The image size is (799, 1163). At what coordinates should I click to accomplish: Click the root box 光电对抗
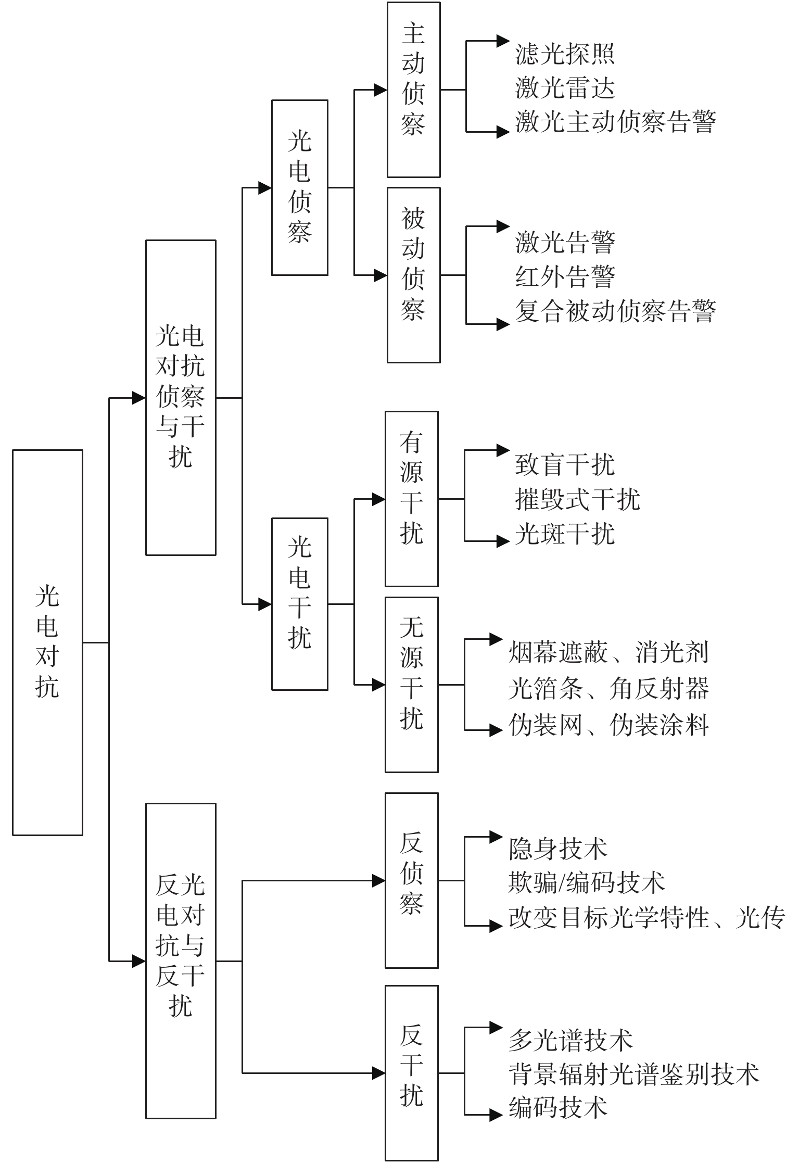(x=47, y=642)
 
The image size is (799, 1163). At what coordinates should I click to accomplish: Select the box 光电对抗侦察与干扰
(x=181, y=397)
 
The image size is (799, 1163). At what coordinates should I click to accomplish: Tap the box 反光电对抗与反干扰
(x=181, y=960)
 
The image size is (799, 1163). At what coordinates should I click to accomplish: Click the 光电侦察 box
(x=300, y=187)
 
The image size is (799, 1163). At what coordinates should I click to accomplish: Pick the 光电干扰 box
(x=300, y=604)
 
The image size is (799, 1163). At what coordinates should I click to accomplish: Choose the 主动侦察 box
(x=413, y=90)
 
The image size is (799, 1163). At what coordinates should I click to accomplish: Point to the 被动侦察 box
(x=413, y=275)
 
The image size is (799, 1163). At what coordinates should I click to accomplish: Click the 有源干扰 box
(x=411, y=499)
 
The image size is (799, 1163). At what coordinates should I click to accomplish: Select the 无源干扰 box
(x=411, y=685)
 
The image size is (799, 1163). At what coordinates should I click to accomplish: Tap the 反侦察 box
(x=411, y=880)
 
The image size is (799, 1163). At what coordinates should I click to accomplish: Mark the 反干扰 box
(x=411, y=1072)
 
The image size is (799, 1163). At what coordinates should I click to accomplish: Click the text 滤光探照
(x=565, y=54)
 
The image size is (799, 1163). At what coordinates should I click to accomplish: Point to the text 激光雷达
(x=565, y=88)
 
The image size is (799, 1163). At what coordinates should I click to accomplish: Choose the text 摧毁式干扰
(x=577, y=499)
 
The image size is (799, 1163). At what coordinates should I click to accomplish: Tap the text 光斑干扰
(x=565, y=534)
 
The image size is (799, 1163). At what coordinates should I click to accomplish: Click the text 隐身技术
(x=558, y=848)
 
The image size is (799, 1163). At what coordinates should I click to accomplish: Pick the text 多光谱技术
(x=570, y=1040)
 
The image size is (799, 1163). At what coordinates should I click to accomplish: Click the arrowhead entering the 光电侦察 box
(x=265, y=187)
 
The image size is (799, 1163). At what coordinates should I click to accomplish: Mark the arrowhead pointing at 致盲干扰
(x=502, y=450)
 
